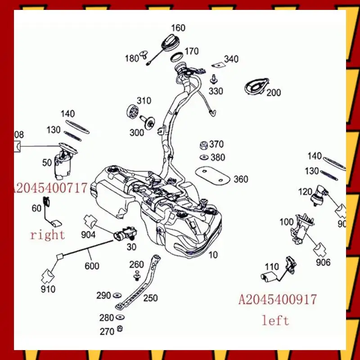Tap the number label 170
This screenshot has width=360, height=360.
pos(191,51)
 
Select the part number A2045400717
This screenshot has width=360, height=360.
pos(49,188)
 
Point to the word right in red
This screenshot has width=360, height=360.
pos(47,234)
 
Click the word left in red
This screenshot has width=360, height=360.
pos(275,320)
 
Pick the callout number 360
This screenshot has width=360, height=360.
pos(241,179)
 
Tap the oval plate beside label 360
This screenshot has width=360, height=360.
pos(210,175)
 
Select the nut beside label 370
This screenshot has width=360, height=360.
pos(203,145)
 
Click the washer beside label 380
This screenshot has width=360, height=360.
pos(203,157)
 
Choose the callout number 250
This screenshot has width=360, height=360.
pos(150,297)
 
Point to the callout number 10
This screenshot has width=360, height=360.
pos(213,255)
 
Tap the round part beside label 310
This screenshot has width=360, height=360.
pos(132,111)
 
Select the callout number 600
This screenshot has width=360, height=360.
pos(92,266)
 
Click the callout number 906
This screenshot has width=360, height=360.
pos(323,262)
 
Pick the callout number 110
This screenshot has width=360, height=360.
pos(272,266)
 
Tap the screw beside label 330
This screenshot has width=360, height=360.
pos(214,80)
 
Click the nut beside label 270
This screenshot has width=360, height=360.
pos(120,328)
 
